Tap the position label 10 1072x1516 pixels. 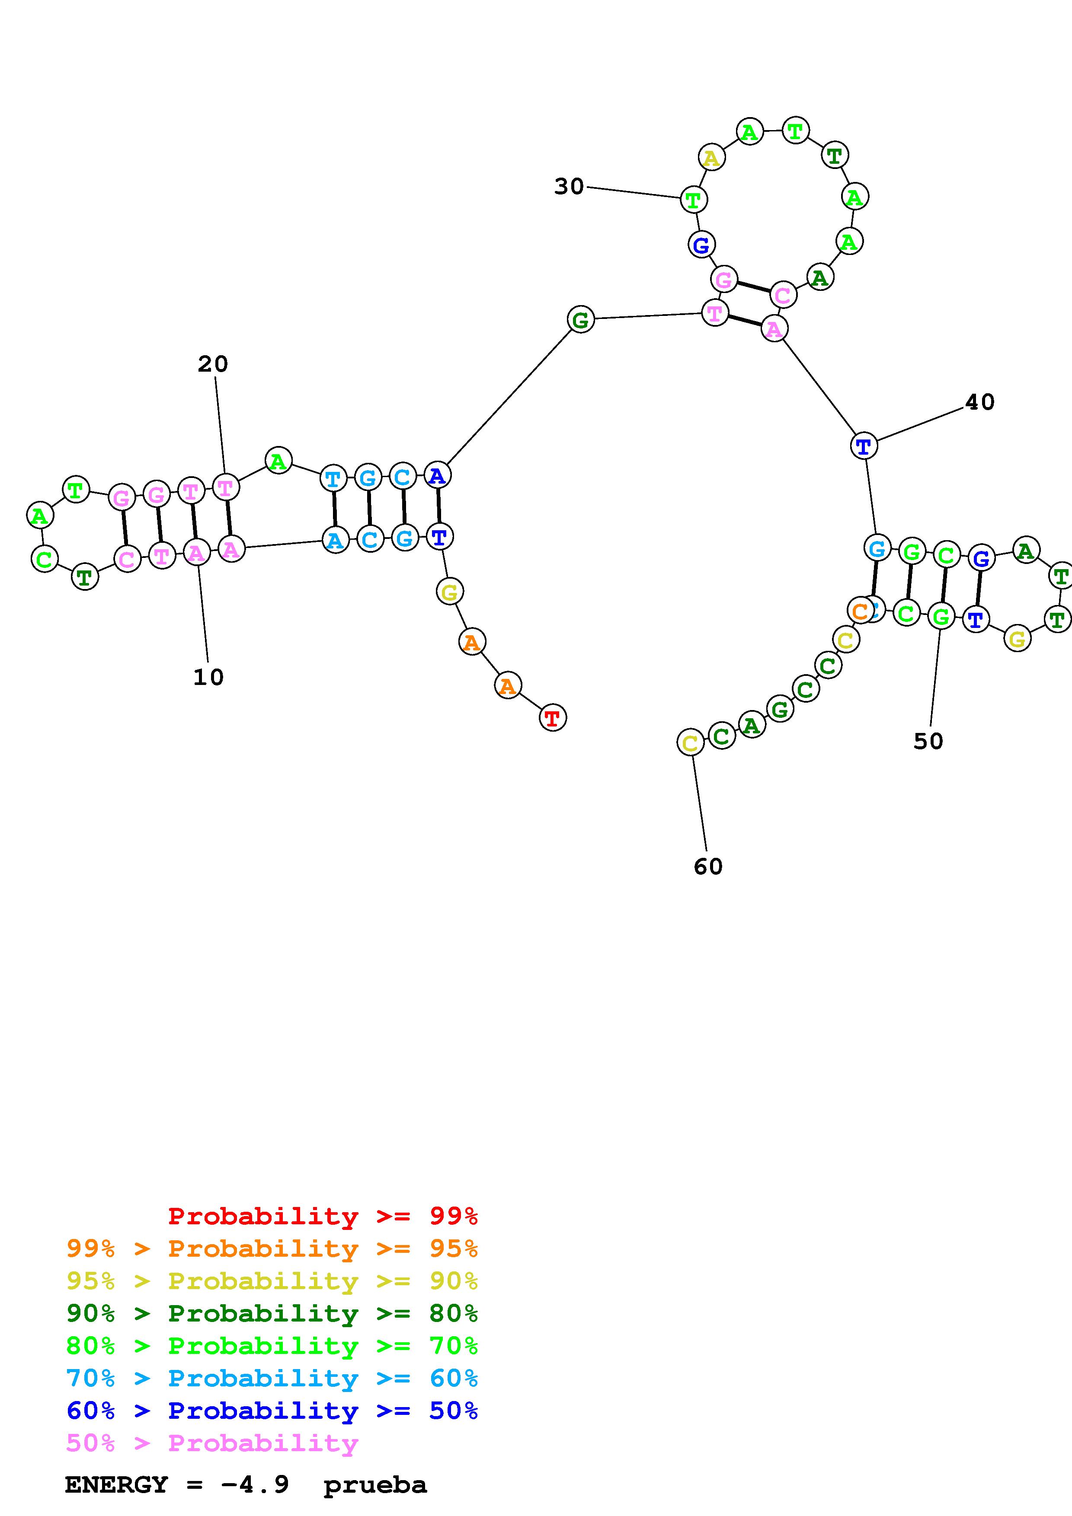click(208, 677)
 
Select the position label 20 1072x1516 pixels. click(213, 364)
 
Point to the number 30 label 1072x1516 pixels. click(569, 187)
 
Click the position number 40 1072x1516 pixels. click(979, 402)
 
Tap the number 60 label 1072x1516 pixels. click(708, 867)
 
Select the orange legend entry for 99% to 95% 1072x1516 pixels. click(272, 1248)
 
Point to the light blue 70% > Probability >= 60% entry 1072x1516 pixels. click(272, 1378)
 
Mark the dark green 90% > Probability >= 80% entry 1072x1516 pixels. click(272, 1313)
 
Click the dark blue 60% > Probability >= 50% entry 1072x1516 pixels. click(272, 1411)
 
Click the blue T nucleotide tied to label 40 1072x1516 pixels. click(863, 446)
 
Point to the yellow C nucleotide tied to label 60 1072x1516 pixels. click(690, 743)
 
